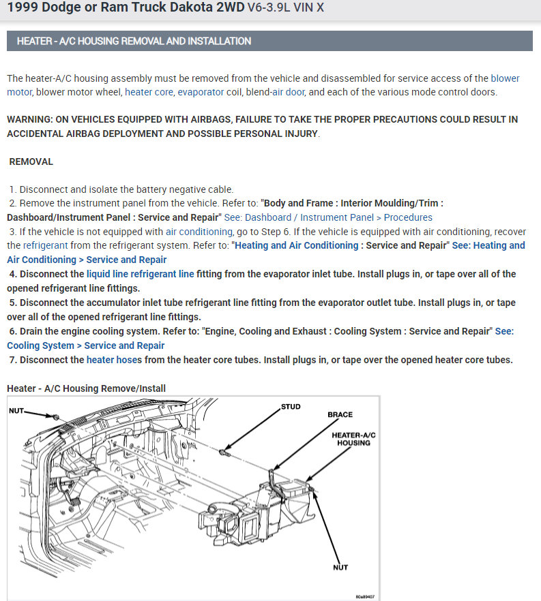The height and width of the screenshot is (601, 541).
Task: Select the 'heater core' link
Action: pyautogui.click(x=149, y=92)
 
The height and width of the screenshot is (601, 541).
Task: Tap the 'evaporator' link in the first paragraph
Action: pyautogui.click(x=201, y=92)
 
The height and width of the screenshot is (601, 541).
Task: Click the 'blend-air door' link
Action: pyautogui.click(x=278, y=92)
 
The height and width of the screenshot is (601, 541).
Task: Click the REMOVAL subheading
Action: pyautogui.click(x=31, y=162)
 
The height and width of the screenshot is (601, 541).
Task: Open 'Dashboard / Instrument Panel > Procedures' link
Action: pyautogui.click(x=338, y=217)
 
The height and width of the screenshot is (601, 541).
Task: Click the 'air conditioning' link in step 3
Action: pyautogui.click(x=199, y=232)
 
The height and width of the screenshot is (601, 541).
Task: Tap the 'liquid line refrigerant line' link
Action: pyautogui.click(x=140, y=274)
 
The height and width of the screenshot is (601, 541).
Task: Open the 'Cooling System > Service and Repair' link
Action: pyautogui.click(x=85, y=345)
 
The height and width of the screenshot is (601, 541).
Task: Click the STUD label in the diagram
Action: pyautogui.click(x=291, y=407)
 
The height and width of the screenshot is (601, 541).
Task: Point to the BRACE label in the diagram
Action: pyautogui.click(x=340, y=414)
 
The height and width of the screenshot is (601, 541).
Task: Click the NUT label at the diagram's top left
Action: pyautogui.click(x=16, y=411)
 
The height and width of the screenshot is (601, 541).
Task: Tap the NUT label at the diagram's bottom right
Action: pyautogui.click(x=340, y=567)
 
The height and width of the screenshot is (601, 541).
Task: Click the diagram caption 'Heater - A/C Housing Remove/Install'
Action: pyautogui.click(x=86, y=388)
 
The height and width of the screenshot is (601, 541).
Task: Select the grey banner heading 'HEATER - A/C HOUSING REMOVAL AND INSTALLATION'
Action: pyautogui.click(x=134, y=41)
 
